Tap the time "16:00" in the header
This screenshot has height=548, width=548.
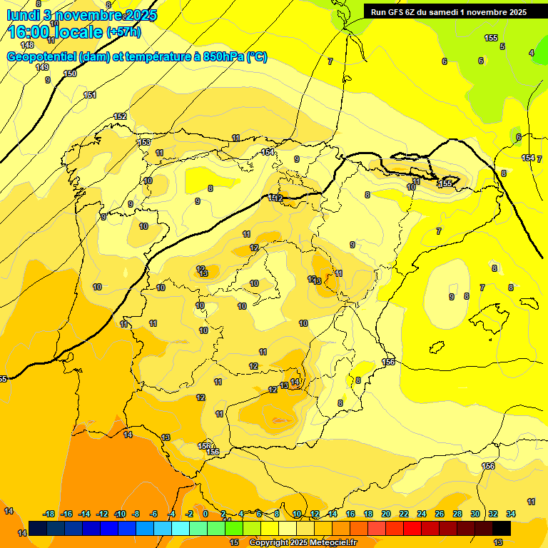point(31,32)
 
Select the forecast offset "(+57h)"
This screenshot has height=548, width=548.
point(123,32)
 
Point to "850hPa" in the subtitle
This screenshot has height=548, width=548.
point(225,57)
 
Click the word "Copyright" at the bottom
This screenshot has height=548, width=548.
point(269,543)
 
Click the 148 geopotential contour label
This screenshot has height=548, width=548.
point(27,45)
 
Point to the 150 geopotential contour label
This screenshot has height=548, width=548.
point(70,73)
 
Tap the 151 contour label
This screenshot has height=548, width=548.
point(90,95)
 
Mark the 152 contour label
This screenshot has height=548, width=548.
point(120,116)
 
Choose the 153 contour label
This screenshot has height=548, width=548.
point(144,143)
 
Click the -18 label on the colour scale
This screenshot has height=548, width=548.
point(49,514)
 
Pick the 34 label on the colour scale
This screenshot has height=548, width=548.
point(511,514)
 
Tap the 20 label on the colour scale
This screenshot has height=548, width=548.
point(386,514)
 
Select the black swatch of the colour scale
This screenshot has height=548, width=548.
point(502,528)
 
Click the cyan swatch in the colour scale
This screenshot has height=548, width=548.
point(181,528)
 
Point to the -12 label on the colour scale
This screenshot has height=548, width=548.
point(102,514)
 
